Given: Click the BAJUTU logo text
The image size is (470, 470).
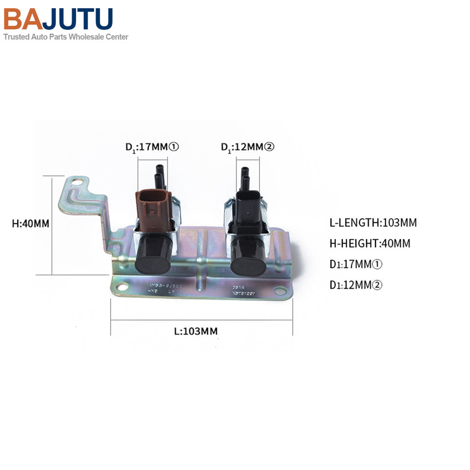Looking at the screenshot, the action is point(58,19).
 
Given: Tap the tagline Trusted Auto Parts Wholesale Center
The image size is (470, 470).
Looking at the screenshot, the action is point(66,37).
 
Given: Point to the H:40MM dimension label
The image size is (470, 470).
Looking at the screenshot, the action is point(31,224).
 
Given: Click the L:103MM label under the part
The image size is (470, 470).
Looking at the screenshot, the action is point(196,331).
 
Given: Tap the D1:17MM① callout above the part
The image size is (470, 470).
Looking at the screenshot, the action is point(152,147).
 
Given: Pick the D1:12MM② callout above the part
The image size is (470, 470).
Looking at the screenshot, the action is point(247,147).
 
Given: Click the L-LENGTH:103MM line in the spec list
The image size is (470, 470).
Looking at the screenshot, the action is point(373,223).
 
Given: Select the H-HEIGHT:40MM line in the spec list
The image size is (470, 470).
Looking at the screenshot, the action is point(370,243).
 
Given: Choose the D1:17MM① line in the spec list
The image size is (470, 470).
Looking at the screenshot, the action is point(356,264).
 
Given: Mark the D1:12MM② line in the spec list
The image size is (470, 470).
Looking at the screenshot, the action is point(356,285).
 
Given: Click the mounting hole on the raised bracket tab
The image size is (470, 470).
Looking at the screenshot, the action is point(76,183).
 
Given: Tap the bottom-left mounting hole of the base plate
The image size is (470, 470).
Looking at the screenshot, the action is point(121,288).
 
